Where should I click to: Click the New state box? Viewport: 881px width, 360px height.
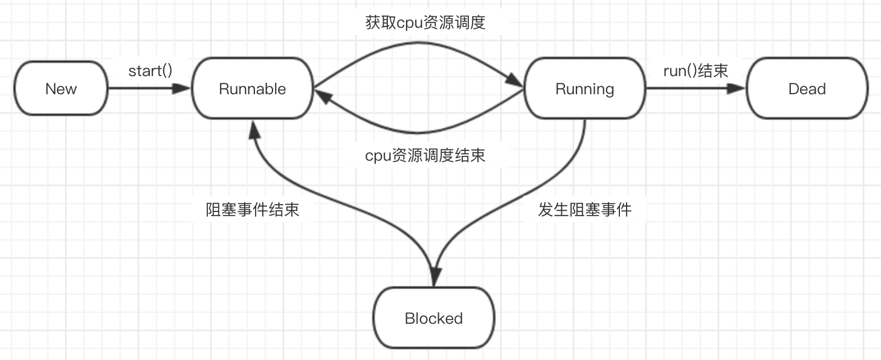tap(60, 89)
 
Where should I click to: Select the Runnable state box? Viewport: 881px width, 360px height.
tap(252, 89)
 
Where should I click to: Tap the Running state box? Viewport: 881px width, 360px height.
tap(584, 89)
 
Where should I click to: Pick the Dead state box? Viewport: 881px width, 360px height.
tap(807, 89)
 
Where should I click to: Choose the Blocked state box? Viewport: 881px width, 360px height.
tap(434, 318)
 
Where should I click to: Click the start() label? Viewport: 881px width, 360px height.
tap(150, 71)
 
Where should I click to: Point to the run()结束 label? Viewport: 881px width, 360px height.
tap(695, 71)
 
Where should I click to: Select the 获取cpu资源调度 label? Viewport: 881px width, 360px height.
tap(425, 23)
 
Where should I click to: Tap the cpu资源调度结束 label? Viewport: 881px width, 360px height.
tap(425, 156)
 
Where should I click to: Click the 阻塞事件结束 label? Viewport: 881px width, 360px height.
tap(253, 210)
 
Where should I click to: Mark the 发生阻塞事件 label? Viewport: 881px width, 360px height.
tap(584, 210)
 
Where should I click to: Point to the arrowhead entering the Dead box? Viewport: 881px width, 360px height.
tap(737, 89)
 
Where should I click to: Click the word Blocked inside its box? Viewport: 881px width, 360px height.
tap(434, 318)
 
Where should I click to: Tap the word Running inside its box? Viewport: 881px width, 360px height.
tap(584, 89)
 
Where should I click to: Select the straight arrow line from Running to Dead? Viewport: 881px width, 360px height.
tap(689, 89)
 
